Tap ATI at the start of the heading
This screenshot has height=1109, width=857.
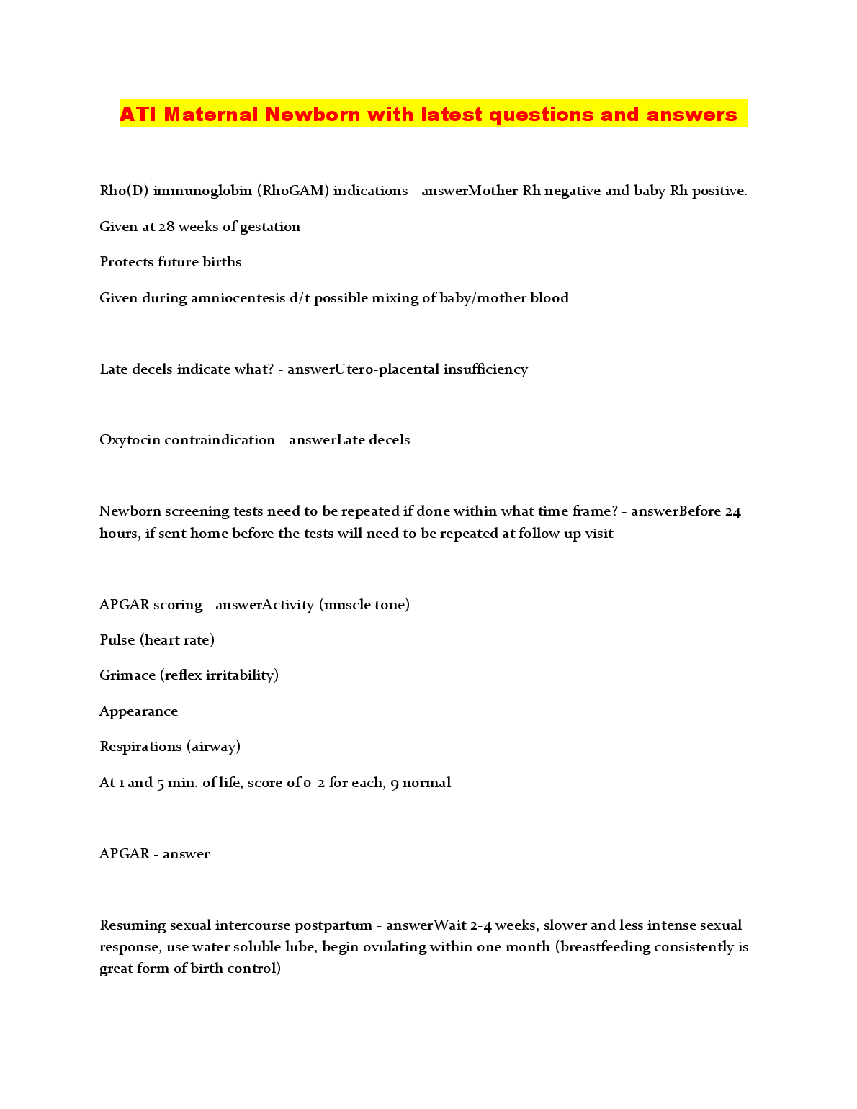(x=138, y=115)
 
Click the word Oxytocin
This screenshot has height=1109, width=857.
(x=130, y=440)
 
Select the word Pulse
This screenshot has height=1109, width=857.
(x=117, y=640)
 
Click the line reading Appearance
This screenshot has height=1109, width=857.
(x=139, y=711)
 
